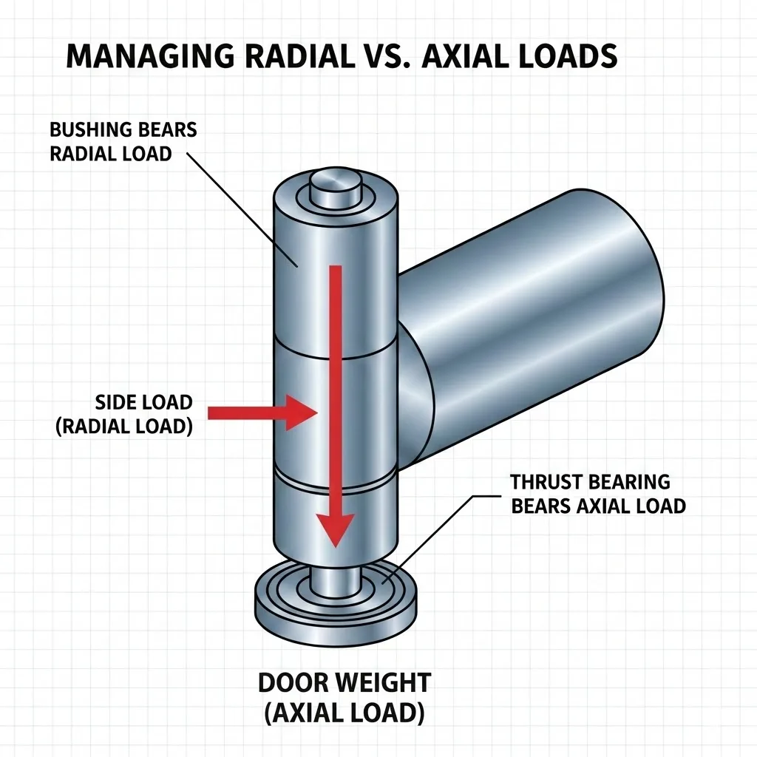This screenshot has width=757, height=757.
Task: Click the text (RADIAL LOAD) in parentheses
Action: click(x=124, y=427)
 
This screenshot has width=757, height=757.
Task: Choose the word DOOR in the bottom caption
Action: click(x=291, y=682)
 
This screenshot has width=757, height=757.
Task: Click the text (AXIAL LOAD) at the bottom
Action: click(x=344, y=713)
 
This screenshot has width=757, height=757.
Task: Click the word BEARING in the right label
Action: click(x=628, y=482)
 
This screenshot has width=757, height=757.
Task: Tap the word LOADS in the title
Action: click(x=569, y=57)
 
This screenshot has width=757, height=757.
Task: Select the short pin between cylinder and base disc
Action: click(x=334, y=577)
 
